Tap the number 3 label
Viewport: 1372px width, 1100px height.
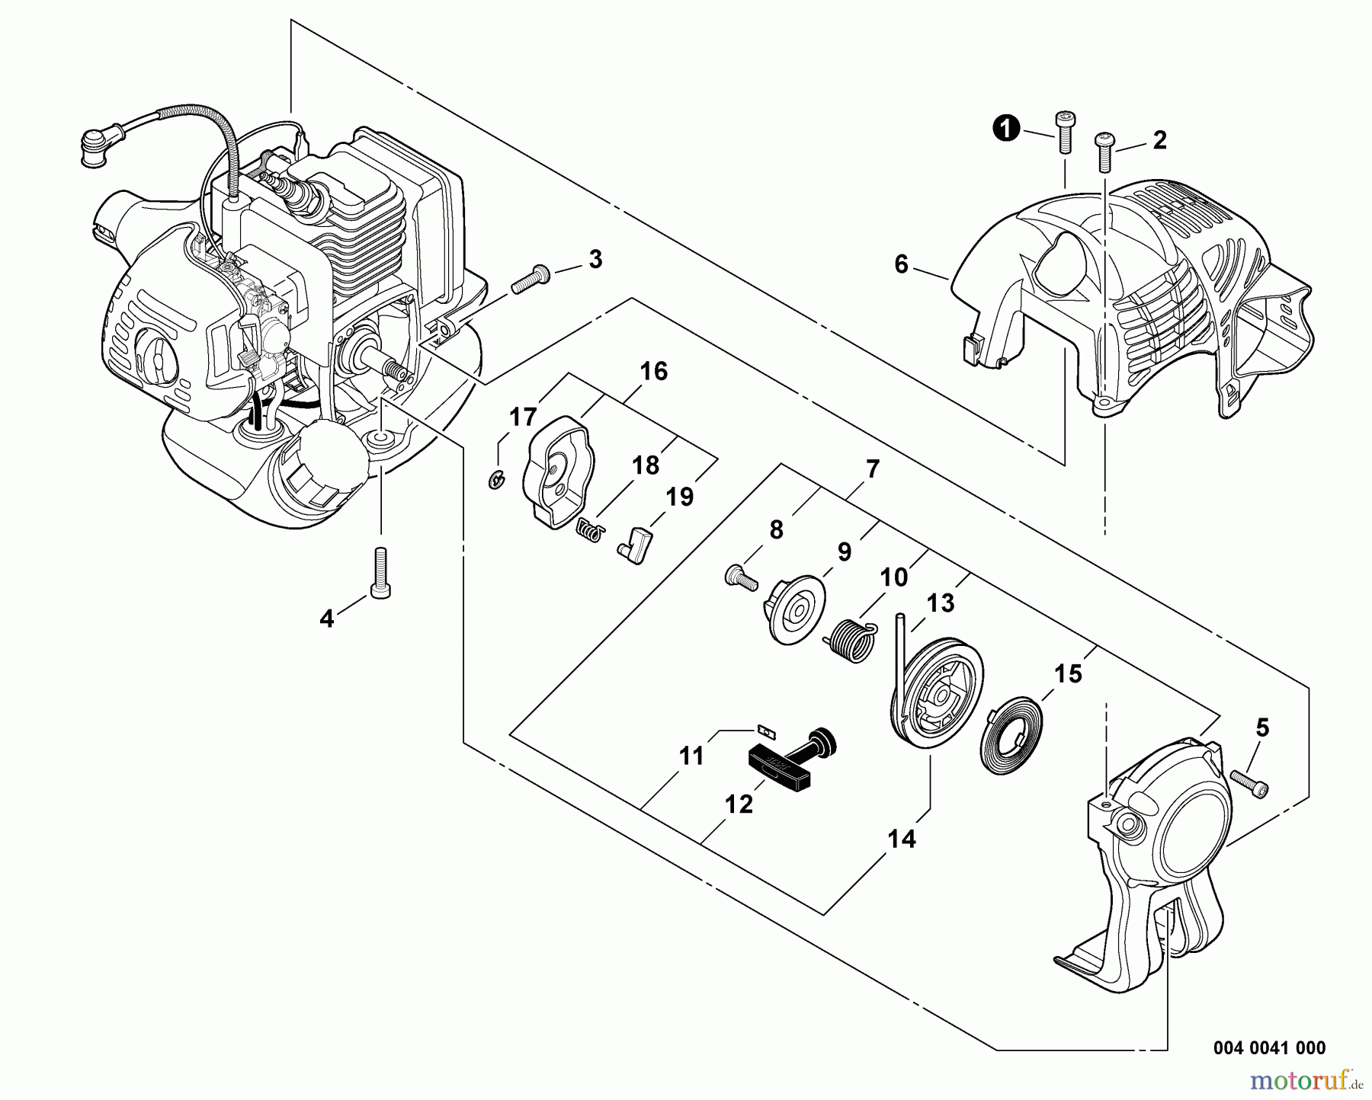tap(595, 260)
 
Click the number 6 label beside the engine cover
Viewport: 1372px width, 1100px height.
tap(902, 265)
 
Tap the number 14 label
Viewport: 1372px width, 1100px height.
tap(901, 839)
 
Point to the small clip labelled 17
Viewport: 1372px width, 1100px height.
tap(494, 478)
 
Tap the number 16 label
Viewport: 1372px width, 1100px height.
tap(653, 372)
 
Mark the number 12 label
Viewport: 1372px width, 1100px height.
tap(739, 804)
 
